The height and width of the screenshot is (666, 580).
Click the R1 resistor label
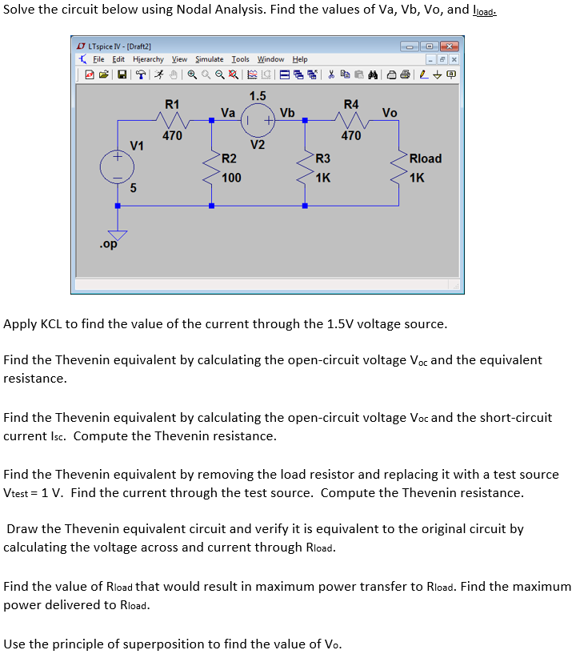172,104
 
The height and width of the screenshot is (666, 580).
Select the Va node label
228,113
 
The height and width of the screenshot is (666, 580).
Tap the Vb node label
287,113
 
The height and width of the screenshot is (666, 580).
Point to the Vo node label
390,113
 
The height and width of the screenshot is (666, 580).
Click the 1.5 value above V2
258,96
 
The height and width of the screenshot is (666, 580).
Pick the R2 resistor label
229,158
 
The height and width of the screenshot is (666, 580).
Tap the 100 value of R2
231,177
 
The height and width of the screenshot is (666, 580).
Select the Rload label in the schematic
425,158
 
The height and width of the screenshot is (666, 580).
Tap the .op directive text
108,245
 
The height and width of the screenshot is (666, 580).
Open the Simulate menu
210,59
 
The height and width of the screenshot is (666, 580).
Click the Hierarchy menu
148,59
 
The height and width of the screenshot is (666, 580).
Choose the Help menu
300,59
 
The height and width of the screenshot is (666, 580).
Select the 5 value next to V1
134,189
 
